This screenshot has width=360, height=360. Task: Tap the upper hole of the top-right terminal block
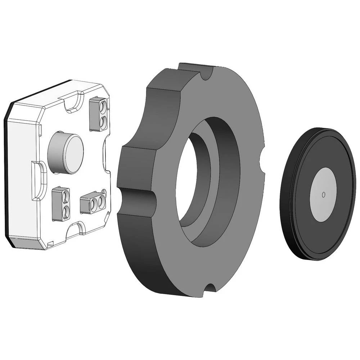click(x=103, y=107)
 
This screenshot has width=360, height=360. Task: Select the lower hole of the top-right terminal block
click(x=103, y=122)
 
